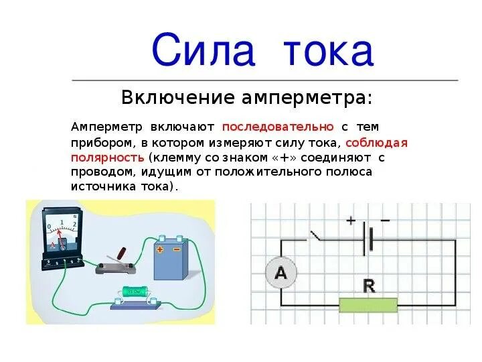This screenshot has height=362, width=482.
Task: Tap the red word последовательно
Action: click(x=278, y=127)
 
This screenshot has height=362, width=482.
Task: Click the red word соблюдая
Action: click(x=378, y=143)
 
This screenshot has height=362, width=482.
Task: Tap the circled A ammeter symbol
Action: click(x=280, y=273)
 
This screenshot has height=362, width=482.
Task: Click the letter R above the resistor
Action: click(x=368, y=286)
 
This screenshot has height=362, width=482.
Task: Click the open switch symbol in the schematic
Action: click(x=315, y=236)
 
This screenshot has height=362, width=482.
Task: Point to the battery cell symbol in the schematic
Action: click(x=368, y=239)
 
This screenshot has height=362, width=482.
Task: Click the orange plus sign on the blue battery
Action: click(x=160, y=249)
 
